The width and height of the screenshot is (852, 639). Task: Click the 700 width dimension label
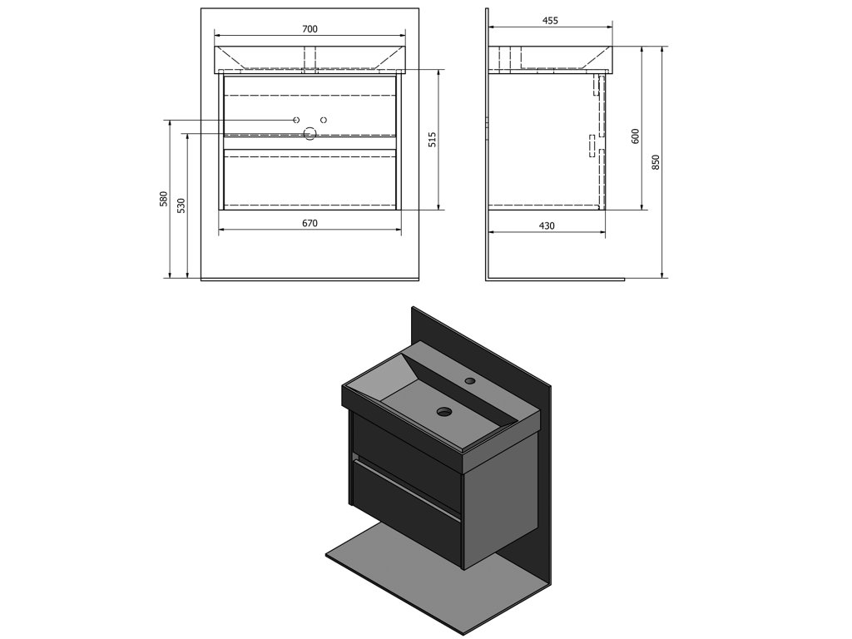(310, 29)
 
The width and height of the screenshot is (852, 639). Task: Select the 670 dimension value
(310, 223)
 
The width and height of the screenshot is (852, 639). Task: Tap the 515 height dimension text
(433, 139)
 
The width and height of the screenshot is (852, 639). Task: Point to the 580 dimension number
(164, 199)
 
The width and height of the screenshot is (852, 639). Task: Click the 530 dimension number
(181, 206)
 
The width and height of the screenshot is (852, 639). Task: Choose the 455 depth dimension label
(550, 21)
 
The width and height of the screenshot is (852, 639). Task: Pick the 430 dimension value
(547, 225)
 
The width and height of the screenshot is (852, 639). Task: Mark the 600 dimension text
(636, 136)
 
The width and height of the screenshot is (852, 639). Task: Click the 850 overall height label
(656, 162)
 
